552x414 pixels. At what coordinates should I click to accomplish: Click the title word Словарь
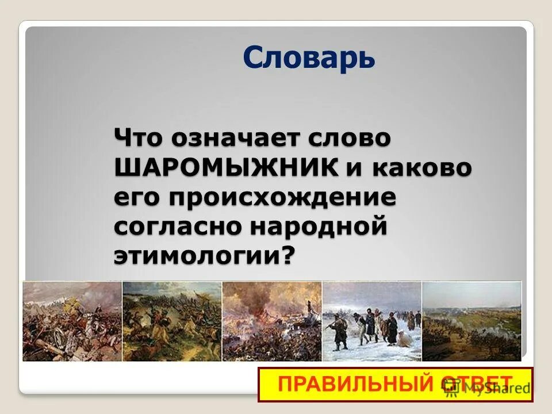coord(309,57)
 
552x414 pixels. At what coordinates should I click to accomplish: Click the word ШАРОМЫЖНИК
coord(226,168)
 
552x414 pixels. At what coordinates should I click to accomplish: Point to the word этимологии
coord(196,255)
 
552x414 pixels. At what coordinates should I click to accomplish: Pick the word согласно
coord(178,226)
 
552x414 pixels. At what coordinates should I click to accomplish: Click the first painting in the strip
coord(72,321)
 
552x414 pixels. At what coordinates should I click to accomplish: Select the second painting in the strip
coord(172,321)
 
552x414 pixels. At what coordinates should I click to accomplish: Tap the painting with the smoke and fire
coord(271,321)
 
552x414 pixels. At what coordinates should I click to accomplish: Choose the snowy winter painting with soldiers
coord(371,321)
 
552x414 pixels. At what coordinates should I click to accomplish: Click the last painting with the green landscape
coord(471,321)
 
